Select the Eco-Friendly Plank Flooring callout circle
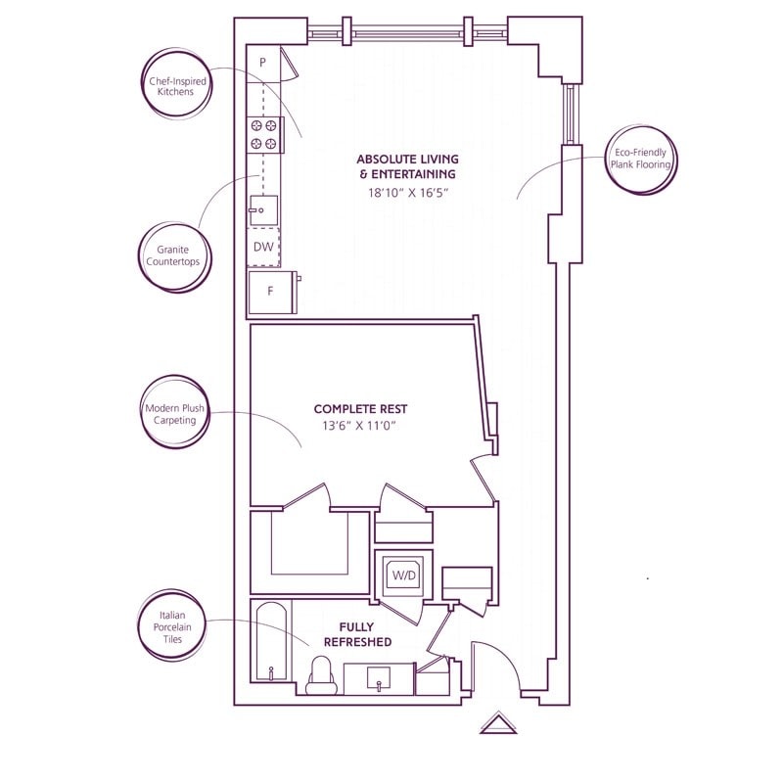(x=641, y=159)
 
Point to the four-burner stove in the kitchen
(x=263, y=134)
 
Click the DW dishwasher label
(x=263, y=247)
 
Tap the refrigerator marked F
(x=271, y=292)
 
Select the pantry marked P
(x=262, y=64)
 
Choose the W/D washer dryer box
(x=403, y=575)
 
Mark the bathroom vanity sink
(x=380, y=677)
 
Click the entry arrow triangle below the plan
(x=497, y=724)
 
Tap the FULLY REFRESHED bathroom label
(x=366, y=634)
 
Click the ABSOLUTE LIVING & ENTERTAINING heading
(x=407, y=166)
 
